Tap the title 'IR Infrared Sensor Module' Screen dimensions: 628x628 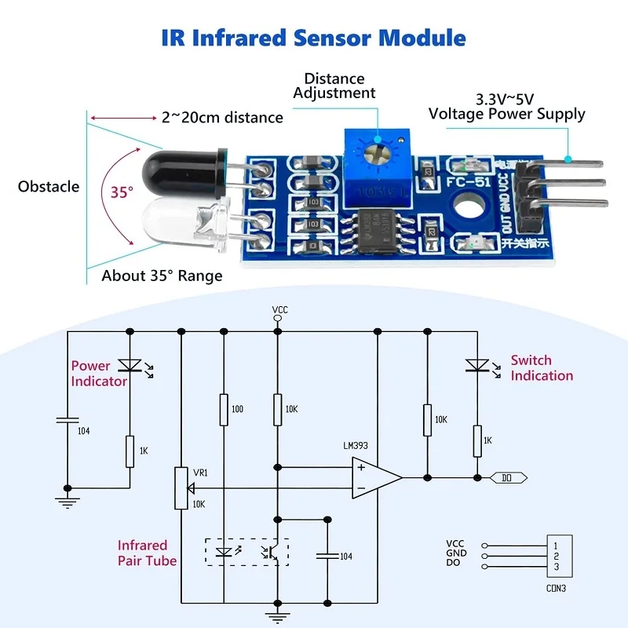click(314, 38)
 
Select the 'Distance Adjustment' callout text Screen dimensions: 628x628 click(334, 86)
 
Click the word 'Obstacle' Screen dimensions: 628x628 click(49, 187)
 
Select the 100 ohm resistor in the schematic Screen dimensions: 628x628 click(224, 410)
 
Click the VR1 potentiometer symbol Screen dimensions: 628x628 click(181, 487)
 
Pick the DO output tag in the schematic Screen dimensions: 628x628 click(509, 477)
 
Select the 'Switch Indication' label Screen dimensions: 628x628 click(542, 367)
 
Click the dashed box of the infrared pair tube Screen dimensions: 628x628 click(246, 551)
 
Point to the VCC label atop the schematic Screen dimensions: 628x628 click(279, 309)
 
